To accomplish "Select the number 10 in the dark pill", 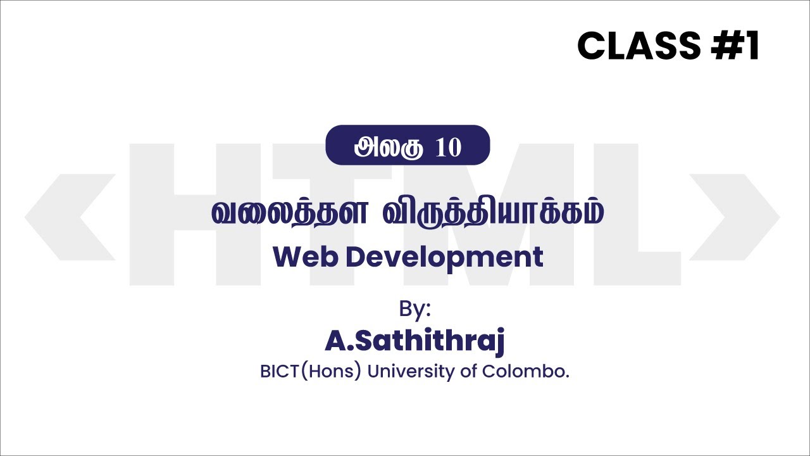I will pyautogui.click(x=449, y=147).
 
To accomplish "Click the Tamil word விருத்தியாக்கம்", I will pyautogui.click(x=493, y=213).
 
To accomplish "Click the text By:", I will pyautogui.click(x=414, y=309).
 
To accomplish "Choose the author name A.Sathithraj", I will pyautogui.click(x=414, y=341).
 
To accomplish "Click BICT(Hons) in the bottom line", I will pyautogui.click(x=310, y=371).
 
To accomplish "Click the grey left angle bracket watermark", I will pyautogui.click(x=70, y=217).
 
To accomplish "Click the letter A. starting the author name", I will pyautogui.click(x=337, y=341).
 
